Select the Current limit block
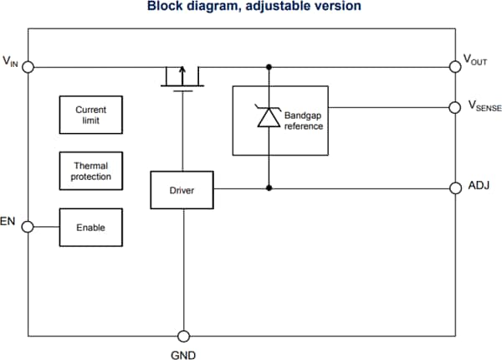(x=90, y=115)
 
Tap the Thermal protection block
(x=90, y=171)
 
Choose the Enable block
(x=90, y=227)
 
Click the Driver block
(x=182, y=190)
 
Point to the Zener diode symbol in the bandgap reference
(x=269, y=118)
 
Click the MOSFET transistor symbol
(x=182, y=78)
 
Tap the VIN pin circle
(x=28, y=66)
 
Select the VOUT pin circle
(x=455, y=66)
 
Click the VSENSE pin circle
(x=455, y=107)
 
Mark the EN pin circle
(x=28, y=227)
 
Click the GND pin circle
(x=182, y=335)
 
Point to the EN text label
(x=10, y=224)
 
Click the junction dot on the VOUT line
(x=269, y=66)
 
